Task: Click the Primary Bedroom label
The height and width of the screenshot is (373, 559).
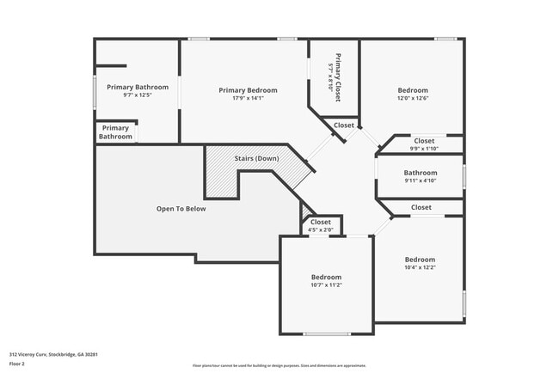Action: [248, 90]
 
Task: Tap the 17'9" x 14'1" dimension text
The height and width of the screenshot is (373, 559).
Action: [248, 99]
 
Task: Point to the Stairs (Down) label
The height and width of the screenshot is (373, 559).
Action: [256, 159]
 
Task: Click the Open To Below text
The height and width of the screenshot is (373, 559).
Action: [181, 209]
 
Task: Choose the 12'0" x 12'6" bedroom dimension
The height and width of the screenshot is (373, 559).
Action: [412, 99]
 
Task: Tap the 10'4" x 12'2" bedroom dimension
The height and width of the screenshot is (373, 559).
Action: [420, 268]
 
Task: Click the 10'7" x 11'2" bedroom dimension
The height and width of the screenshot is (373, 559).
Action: [326, 285]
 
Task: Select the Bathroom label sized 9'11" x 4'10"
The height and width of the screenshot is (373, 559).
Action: [421, 173]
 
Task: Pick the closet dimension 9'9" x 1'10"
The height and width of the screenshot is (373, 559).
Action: [424, 149]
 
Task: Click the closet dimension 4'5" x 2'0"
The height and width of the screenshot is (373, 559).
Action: [320, 229]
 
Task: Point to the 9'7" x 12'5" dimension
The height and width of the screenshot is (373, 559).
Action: [138, 95]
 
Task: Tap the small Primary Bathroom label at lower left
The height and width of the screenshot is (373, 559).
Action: [115, 133]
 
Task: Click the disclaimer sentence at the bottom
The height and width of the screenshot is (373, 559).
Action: [279, 365]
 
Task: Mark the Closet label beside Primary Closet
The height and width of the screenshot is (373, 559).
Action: [344, 125]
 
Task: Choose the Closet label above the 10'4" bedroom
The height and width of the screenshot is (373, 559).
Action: [421, 207]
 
